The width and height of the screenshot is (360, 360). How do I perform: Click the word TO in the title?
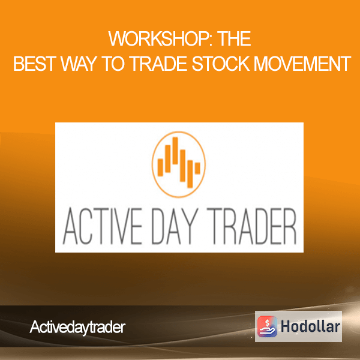coord(115,64)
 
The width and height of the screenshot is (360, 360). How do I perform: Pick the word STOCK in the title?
coord(221,64)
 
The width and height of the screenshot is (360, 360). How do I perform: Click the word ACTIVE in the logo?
coord(103,226)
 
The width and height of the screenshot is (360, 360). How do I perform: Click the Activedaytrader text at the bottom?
coord(77,327)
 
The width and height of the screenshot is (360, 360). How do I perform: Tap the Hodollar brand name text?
coord(310,326)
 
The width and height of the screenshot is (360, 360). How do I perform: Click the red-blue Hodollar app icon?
coord(267,326)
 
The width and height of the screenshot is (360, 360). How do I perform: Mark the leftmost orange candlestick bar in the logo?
coord(160,167)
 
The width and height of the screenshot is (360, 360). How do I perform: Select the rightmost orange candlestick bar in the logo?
coord(197,168)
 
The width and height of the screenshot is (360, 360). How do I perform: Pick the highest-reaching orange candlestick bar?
coord(175,151)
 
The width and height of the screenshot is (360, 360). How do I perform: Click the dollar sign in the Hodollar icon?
coord(267,322)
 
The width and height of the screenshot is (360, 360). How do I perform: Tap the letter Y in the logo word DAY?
coord(191,226)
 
